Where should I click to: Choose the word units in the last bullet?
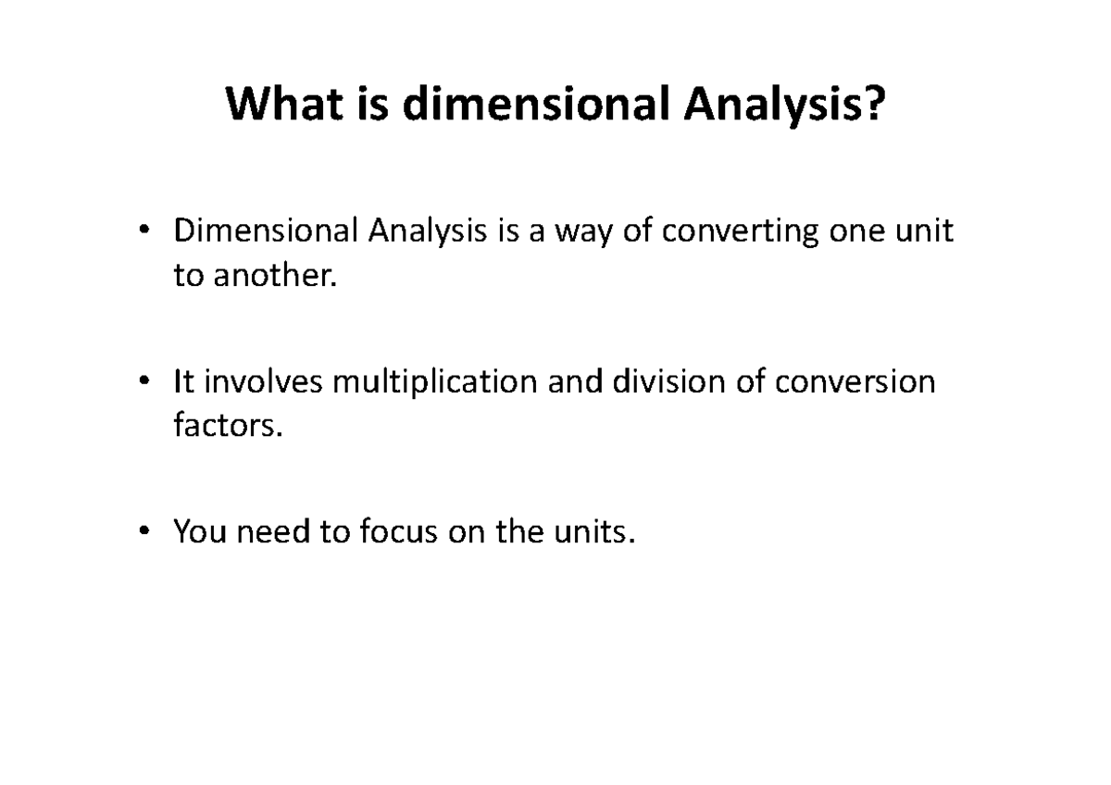[x=592, y=531]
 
